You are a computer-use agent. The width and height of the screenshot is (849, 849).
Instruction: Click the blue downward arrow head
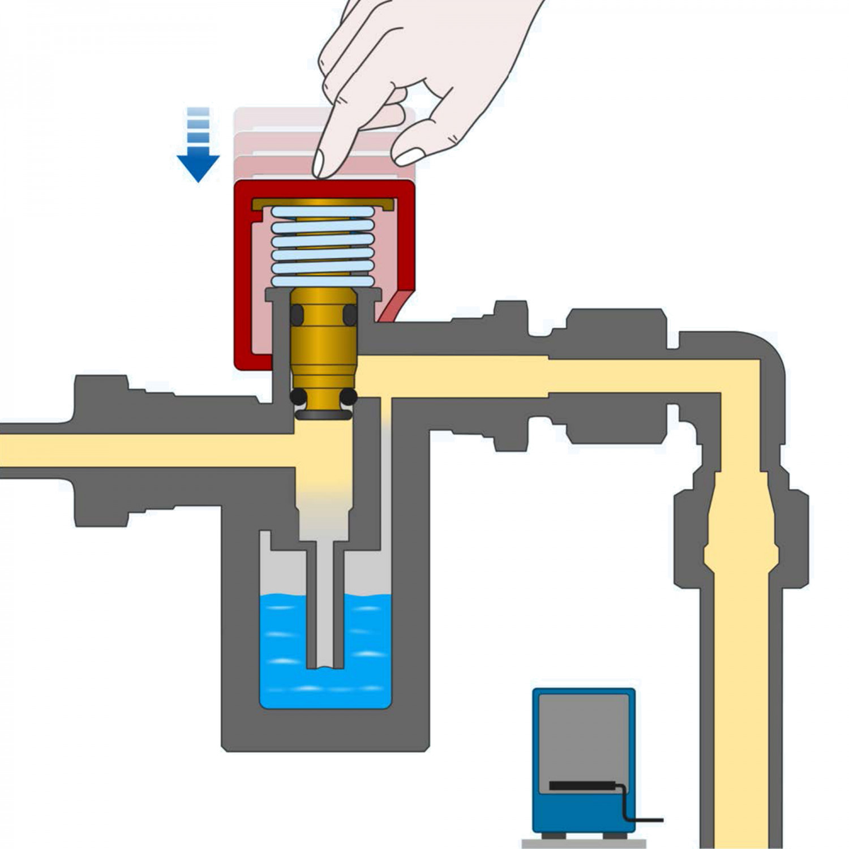click(198, 166)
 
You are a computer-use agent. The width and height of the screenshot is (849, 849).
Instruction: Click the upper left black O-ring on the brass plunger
click(298, 315)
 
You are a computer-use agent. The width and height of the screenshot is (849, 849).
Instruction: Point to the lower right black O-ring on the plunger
click(349, 396)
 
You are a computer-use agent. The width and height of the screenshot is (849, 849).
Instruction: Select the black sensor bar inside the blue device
click(583, 786)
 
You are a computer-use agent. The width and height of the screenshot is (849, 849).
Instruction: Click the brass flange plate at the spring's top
click(323, 203)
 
